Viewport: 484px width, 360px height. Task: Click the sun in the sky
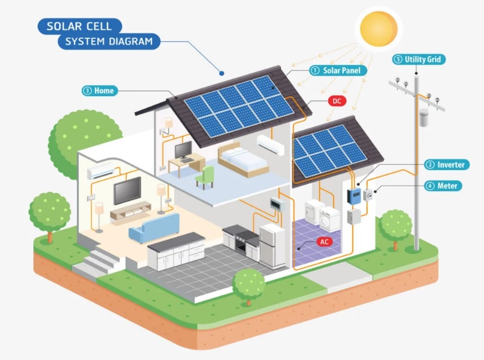pyautogui.click(x=378, y=29)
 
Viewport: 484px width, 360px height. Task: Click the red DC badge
pyautogui.click(x=337, y=101)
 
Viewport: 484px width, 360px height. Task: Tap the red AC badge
pyautogui.click(x=324, y=242)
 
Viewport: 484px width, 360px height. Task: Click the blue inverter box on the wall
pyautogui.click(x=354, y=196)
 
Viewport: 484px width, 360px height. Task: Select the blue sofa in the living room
pyautogui.click(x=154, y=228)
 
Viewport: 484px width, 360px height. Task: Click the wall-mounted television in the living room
pyautogui.click(x=127, y=190)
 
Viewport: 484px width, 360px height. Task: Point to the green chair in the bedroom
pyautogui.click(x=205, y=177)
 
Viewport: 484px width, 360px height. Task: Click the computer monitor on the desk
pyautogui.click(x=184, y=151)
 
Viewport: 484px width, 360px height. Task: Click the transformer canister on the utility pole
pyautogui.click(x=424, y=118)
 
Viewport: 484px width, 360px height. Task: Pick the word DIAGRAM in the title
pyautogui.click(x=131, y=41)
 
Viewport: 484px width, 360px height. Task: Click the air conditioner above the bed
pyautogui.click(x=271, y=144)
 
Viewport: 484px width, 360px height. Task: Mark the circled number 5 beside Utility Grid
pyautogui.click(x=399, y=59)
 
